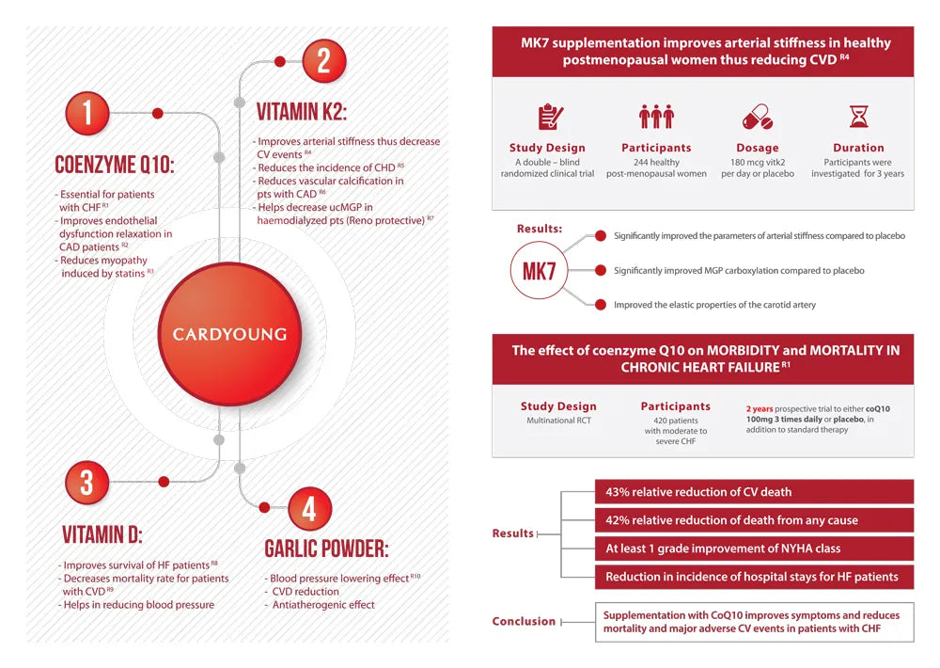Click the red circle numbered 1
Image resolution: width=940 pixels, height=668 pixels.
[87, 114]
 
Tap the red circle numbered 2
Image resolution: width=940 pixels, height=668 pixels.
[322, 62]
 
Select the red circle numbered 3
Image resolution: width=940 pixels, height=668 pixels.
[87, 483]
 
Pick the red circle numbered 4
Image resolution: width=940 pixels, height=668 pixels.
[308, 509]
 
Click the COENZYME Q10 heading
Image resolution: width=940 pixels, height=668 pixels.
[114, 166]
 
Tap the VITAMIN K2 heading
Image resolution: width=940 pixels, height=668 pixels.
[302, 113]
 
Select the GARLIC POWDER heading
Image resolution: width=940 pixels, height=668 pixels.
[326, 549]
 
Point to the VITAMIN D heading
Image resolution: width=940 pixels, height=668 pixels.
[102, 535]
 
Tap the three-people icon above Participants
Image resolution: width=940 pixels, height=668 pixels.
[656, 117]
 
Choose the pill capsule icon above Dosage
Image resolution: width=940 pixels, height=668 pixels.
[757, 118]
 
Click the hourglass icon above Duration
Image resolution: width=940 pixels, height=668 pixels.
[858, 117]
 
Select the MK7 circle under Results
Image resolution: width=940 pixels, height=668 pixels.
[539, 272]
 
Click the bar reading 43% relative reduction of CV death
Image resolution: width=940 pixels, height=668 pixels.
[753, 491]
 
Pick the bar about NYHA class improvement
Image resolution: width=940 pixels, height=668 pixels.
[753, 548]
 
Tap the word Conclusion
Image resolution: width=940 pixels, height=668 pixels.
[524, 621]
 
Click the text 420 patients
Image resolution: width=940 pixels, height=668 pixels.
[675, 420]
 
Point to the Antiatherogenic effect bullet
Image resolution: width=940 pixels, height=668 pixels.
[324, 605]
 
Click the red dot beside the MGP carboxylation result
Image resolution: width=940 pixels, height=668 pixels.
[599, 270]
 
